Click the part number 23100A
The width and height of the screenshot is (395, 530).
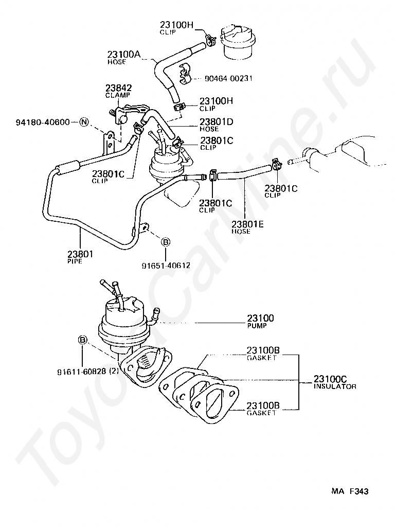(124, 54)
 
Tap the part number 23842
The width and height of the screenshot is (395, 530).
(118, 88)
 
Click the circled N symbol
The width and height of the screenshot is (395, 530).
(84, 122)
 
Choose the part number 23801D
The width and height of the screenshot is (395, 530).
(217, 122)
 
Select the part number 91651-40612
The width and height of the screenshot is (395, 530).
(166, 266)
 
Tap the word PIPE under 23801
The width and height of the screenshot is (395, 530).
(75, 261)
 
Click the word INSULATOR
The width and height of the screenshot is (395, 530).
(335, 386)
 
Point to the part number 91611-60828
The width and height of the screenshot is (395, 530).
(81, 371)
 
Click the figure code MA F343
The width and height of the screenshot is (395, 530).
(349, 491)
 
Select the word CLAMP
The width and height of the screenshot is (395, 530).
(118, 95)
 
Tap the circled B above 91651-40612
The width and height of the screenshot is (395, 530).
(166, 242)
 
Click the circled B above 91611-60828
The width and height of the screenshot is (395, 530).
(82, 340)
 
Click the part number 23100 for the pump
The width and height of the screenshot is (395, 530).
(261, 318)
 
